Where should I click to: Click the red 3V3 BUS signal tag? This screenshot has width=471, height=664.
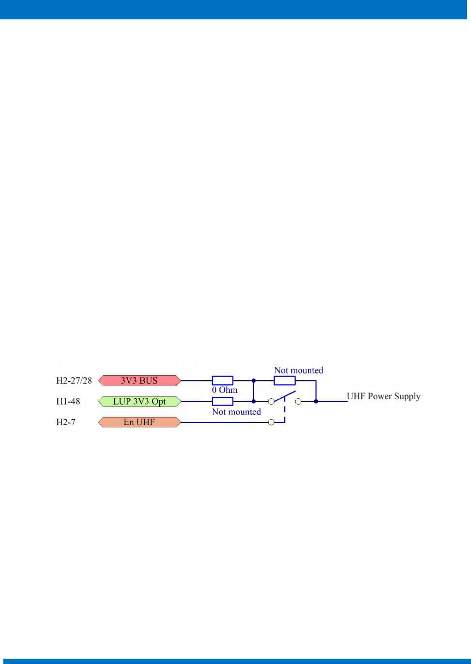[139, 381]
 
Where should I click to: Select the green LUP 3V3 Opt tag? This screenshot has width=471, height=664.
[139, 402]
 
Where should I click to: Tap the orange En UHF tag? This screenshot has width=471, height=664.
[139, 423]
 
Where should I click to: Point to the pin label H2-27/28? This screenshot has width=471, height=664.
[74, 380]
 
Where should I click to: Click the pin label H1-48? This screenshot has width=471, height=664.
[68, 401]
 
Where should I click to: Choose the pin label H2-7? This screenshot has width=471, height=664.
[66, 422]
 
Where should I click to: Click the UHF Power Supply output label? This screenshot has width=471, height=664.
[383, 396]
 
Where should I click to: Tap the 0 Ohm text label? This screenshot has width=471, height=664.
[225, 390]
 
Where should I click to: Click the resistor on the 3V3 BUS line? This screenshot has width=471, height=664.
[223, 381]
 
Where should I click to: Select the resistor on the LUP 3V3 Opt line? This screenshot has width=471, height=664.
[223, 401]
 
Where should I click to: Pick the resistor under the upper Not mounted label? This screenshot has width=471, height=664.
[285, 381]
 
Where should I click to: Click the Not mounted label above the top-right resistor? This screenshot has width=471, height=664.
[299, 370]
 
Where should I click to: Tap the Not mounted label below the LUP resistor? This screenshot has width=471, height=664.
[236, 412]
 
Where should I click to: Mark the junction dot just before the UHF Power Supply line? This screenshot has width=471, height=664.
[316, 401]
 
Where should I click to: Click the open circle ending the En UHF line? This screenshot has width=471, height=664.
[271, 423]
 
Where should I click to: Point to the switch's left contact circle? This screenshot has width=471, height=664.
[271, 401]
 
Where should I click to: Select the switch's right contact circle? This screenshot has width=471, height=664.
[298, 401]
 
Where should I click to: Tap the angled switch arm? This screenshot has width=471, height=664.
[285, 396]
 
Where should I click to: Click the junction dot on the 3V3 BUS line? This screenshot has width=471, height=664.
[254, 381]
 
